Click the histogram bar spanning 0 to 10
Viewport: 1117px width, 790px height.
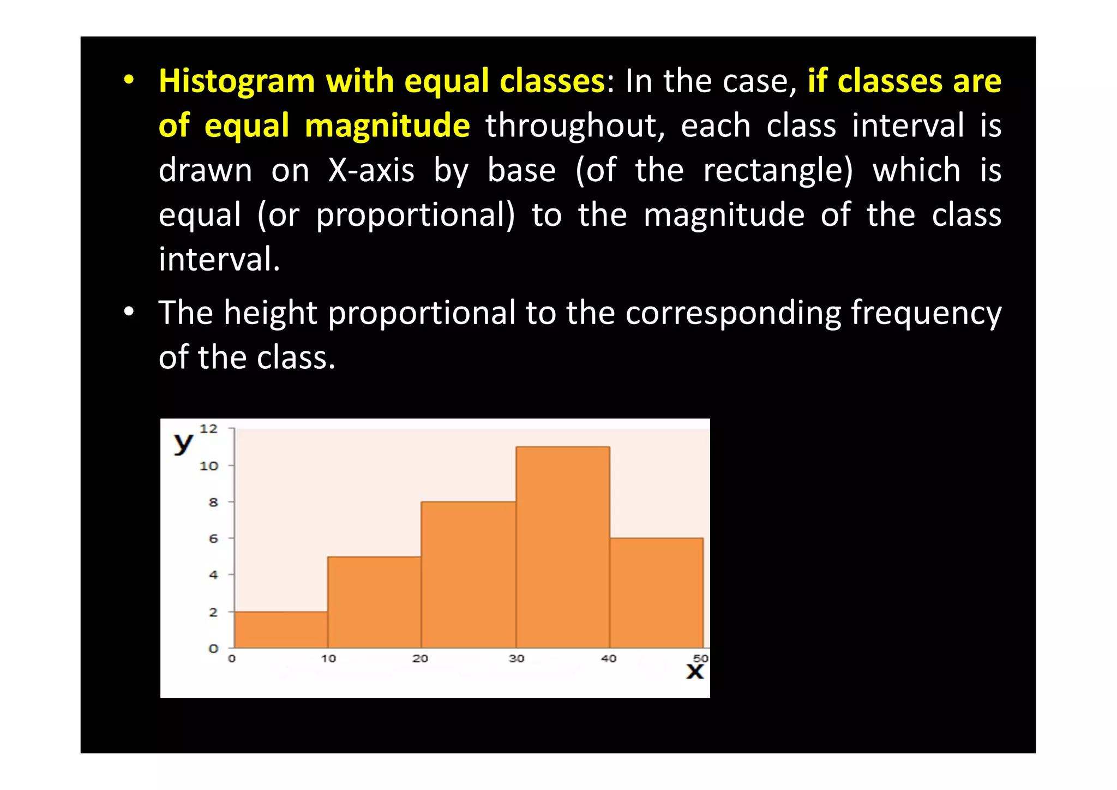click(x=281, y=630)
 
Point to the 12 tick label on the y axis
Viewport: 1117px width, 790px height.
click(x=208, y=429)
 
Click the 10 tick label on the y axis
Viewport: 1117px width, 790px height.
click(x=208, y=466)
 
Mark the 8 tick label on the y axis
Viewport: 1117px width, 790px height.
click(x=213, y=502)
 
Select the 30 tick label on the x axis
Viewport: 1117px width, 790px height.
click(x=516, y=659)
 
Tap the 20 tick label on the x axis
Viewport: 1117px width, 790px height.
click(x=420, y=659)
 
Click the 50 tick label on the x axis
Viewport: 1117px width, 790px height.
click(x=700, y=658)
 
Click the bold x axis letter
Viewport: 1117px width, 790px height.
click(x=695, y=672)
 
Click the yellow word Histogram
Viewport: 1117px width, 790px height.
click(x=237, y=82)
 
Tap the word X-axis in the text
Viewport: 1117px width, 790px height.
click(x=371, y=170)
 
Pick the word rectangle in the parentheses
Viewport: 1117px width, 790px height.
click(x=777, y=170)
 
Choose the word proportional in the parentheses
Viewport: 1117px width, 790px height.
click(x=415, y=215)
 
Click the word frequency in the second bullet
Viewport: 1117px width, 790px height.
click(x=926, y=313)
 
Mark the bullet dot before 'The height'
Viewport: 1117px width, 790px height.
click(x=129, y=312)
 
